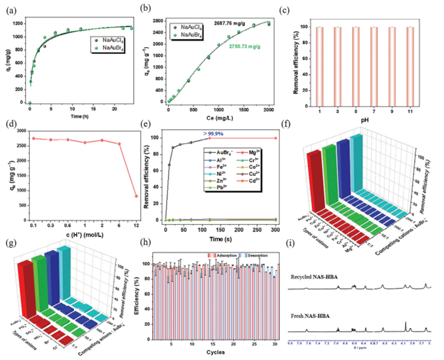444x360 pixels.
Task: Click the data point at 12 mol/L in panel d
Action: (x=136, y=196)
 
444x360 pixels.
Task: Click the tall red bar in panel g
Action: (x=24, y=285)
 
